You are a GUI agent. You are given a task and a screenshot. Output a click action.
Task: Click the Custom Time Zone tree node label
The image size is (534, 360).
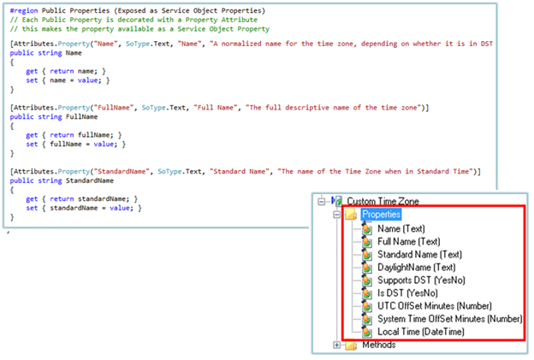point(383,201)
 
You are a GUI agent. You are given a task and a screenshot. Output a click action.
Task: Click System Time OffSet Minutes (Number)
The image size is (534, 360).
point(449,318)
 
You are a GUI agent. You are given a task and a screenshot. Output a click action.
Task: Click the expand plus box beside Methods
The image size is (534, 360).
point(336,345)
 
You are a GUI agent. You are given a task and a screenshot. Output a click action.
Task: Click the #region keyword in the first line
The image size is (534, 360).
point(26,10)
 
